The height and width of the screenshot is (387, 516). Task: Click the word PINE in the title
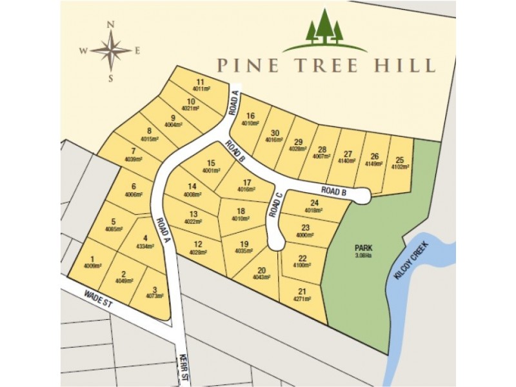point(243,66)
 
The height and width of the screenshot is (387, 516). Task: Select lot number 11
point(201,82)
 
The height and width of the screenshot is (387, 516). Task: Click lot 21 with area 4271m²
point(302,291)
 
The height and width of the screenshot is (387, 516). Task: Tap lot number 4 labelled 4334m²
point(146,237)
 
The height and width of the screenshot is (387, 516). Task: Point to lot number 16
point(250,116)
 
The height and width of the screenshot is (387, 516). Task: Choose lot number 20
point(261,270)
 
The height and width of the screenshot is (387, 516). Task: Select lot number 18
point(241,211)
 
